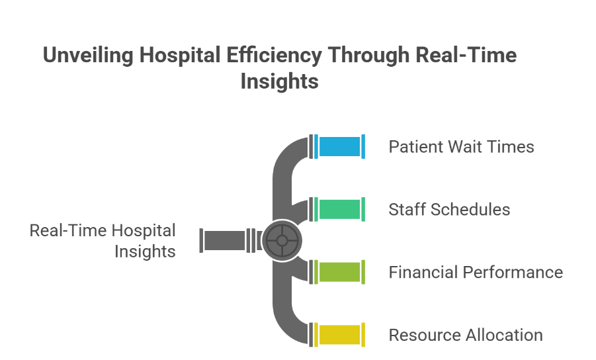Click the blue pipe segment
tap(339, 146)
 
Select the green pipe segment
tap(339, 209)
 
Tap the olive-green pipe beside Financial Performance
tap(339, 272)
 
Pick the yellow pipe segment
tap(339, 335)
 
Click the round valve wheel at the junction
tap(282, 241)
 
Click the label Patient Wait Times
tap(461, 147)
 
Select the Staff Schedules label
tap(449, 210)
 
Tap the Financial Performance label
tap(476, 272)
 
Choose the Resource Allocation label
tap(466, 335)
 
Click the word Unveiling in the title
tap(88, 56)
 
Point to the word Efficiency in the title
tap(275, 56)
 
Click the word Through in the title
tap(368, 56)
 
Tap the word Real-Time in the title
tap(466, 55)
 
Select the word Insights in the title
tap(279, 81)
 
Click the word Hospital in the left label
tap(144, 231)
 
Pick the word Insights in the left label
tap(145, 251)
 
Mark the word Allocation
tap(504, 335)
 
